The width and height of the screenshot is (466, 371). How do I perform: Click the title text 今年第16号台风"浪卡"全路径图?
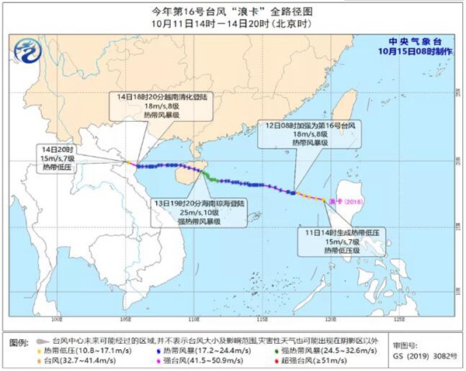[x=233, y=10]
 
